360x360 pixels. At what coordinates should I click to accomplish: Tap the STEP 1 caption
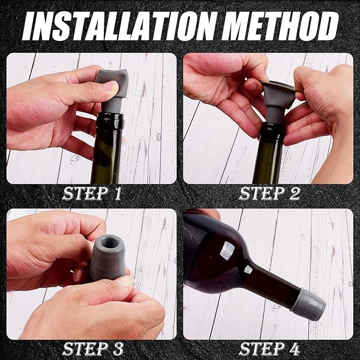tap(92, 194)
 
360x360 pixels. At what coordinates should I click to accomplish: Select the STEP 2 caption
tap(269, 194)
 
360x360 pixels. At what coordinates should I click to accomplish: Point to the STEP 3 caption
tap(93, 349)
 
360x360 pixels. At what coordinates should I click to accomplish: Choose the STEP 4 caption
tap(269, 349)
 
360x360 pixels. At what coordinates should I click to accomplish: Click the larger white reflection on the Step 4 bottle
tap(227, 251)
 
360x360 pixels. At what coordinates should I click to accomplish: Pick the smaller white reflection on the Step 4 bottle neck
tap(248, 269)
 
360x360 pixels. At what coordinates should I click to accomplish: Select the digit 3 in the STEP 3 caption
tap(118, 349)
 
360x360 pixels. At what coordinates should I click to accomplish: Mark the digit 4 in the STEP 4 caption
tap(294, 349)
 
